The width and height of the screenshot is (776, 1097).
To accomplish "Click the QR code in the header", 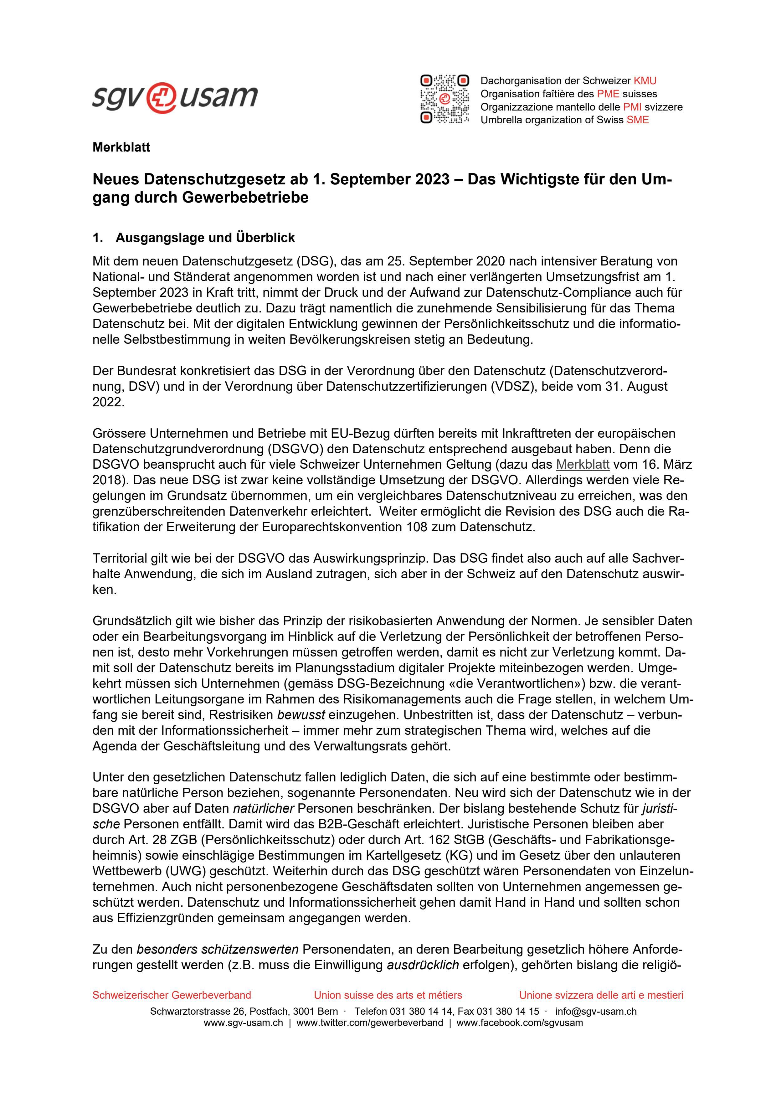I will point(445,100).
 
